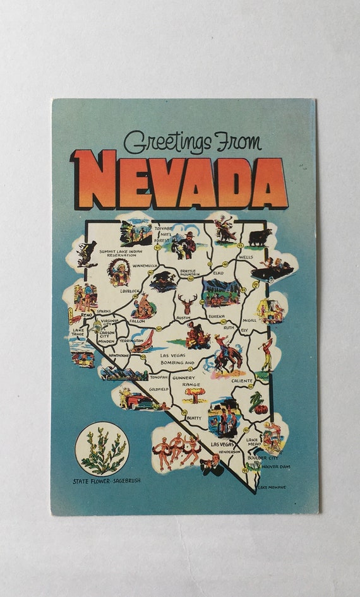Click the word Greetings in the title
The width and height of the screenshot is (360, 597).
(x=167, y=143)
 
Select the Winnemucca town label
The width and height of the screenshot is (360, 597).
(x=145, y=266)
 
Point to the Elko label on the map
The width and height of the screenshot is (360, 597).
(x=219, y=273)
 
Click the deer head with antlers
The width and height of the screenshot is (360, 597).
(x=187, y=304)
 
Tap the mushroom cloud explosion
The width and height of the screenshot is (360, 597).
(x=193, y=395)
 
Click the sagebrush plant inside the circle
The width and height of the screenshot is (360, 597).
(x=103, y=450)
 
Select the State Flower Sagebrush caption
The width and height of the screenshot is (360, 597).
(x=107, y=480)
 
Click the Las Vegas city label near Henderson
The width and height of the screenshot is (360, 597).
(x=223, y=444)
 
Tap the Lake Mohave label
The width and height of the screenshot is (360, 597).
(x=272, y=487)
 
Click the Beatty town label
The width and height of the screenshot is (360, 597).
(x=194, y=418)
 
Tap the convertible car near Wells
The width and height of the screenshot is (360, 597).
(x=273, y=271)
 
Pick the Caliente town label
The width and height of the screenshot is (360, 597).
(x=241, y=381)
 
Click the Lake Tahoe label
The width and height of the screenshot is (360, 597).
(x=78, y=332)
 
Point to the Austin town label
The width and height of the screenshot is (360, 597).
(x=183, y=318)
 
